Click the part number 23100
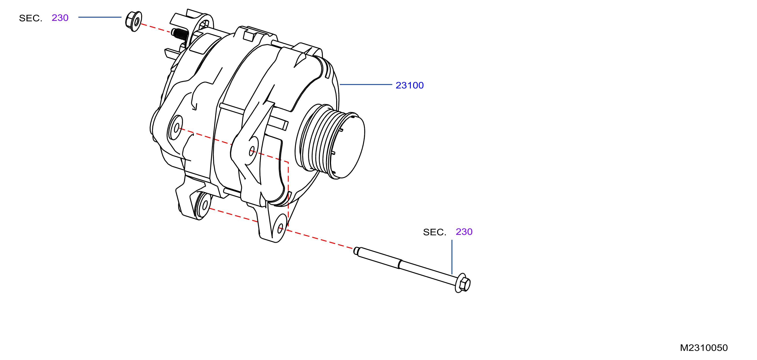point(409,85)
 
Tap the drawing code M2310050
point(704,348)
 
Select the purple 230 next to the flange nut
point(60,18)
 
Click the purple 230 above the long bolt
point(464,232)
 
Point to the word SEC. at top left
point(31,18)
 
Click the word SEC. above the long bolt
point(435,232)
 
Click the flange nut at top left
point(134,21)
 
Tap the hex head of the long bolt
point(463,283)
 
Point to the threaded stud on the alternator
point(180,34)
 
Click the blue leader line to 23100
point(366,84)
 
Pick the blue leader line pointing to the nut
point(100,17)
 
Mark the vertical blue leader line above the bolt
point(452,257)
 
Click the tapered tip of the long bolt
point(356,251)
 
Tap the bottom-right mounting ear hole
point(280,228)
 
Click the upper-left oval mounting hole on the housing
point(176,128)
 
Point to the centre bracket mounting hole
point(252,151)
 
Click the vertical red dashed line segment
point(288,194)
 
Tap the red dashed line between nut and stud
point(156,28)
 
